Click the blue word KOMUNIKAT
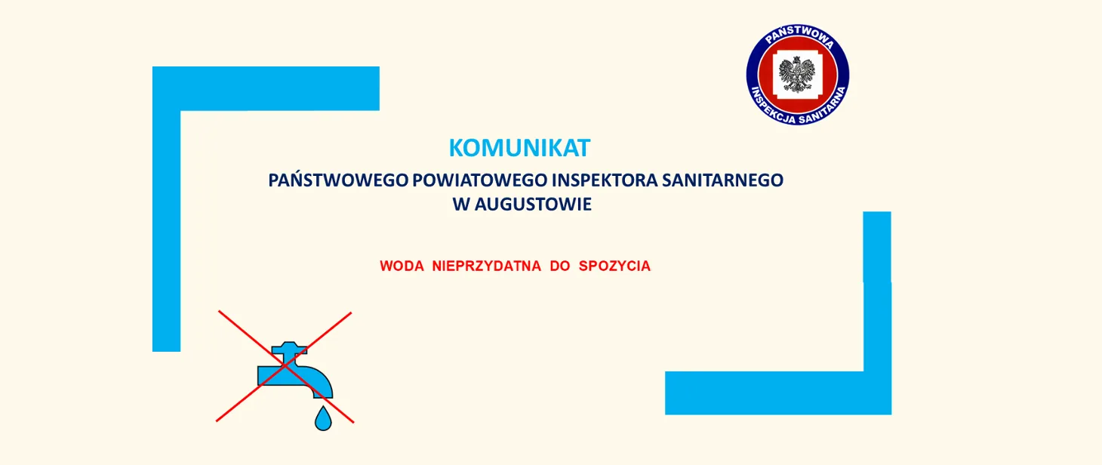coord(519,148)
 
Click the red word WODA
coord(402,266)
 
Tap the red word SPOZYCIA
coord(614,266)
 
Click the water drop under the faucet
coord(323,419)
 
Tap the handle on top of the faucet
coord(290,348)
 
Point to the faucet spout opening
coord(323,393)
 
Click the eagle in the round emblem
coord(798,74)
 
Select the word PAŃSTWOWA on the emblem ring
coord(799,37)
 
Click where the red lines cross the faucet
coord(285,366)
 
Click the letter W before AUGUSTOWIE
coord(462,205)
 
